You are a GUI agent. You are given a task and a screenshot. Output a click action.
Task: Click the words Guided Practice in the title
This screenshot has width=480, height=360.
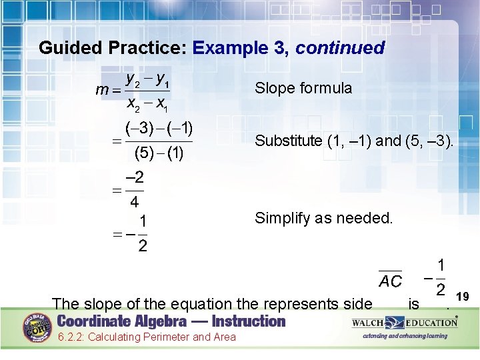[x=113, y=48]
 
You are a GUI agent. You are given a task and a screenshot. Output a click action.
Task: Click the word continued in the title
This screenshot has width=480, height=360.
[x=340, y=48]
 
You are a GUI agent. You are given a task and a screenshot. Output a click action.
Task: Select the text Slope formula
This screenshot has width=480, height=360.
[x=303, y=88]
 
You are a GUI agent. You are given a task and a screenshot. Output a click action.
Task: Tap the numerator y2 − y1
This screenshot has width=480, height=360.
[x=147, y=80]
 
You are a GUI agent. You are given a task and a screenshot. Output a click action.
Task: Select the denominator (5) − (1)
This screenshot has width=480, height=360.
[x=159, y=153]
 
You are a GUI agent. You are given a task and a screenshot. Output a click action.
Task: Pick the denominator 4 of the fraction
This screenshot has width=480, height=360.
[x=135, y=201]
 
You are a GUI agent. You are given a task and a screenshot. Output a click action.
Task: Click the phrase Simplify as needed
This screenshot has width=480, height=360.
[x=324, y=218]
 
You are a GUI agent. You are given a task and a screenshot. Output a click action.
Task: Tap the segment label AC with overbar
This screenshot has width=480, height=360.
[x=390, y=281]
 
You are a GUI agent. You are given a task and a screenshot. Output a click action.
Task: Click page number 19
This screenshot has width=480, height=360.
[x=464, y=295]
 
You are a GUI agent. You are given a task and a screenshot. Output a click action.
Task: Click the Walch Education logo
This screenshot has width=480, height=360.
[x=405, y=323]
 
